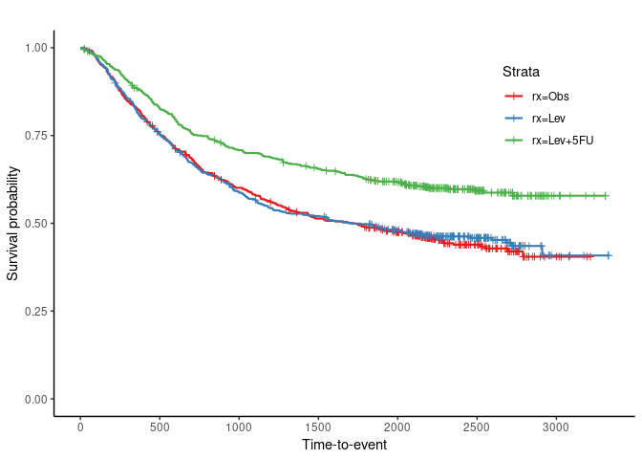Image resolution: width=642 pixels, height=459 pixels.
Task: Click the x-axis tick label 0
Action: [x=80, y=426]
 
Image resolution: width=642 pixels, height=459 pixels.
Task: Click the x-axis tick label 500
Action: [x=160, y=426]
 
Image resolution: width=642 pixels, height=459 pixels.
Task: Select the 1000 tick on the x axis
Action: [x=239, y=426]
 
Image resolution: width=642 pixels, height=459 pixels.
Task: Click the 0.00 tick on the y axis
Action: [x=36, y=399]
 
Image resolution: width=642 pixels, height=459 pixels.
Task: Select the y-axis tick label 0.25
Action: [x=36, y=311]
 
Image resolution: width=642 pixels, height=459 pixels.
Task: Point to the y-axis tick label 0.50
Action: [x=36, y=223]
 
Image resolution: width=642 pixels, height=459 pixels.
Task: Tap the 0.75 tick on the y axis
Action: [x=36, y=135]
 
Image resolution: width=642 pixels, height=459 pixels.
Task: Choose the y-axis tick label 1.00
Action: [x=36, y=47]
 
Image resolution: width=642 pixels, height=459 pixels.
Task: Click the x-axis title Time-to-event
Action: [x=344, y=446]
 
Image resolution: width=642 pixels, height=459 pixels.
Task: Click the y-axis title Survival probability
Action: [x=13, y=223]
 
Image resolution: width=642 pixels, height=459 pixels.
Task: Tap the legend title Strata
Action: [x=522, y=72]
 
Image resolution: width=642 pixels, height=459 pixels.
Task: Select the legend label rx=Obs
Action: [x=551, y=96]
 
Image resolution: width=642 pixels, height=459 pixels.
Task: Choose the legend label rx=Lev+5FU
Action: [x=563, y=141]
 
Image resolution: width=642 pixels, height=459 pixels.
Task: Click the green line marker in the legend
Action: [x=514, y=141]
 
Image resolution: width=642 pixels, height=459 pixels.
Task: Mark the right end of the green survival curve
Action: [x=608, y=195]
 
